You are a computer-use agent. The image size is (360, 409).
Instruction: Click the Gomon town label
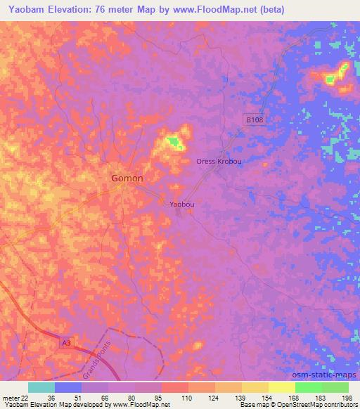point(127,178)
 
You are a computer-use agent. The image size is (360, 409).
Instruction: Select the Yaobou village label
point(181,204)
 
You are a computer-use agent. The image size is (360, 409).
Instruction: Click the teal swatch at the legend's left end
point(41,387)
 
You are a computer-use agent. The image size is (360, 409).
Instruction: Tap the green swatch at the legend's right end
point(335,387)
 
